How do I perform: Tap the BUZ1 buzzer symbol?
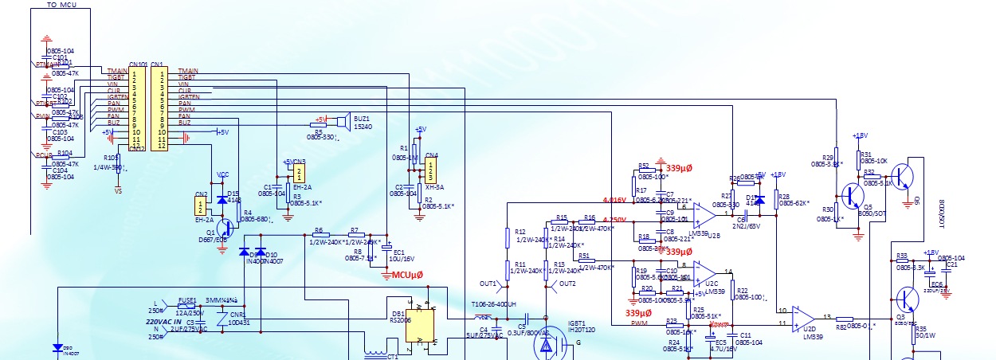coord(340,122)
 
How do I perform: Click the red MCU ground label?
coord(407,275)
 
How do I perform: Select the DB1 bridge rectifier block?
coord(422,322)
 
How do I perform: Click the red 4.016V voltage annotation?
coord(614,200)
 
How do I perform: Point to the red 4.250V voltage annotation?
coord(614,220)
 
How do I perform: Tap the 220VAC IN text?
coord(166,322)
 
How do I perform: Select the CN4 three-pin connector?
coord(431,170)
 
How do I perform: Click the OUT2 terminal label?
coord(567,284)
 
